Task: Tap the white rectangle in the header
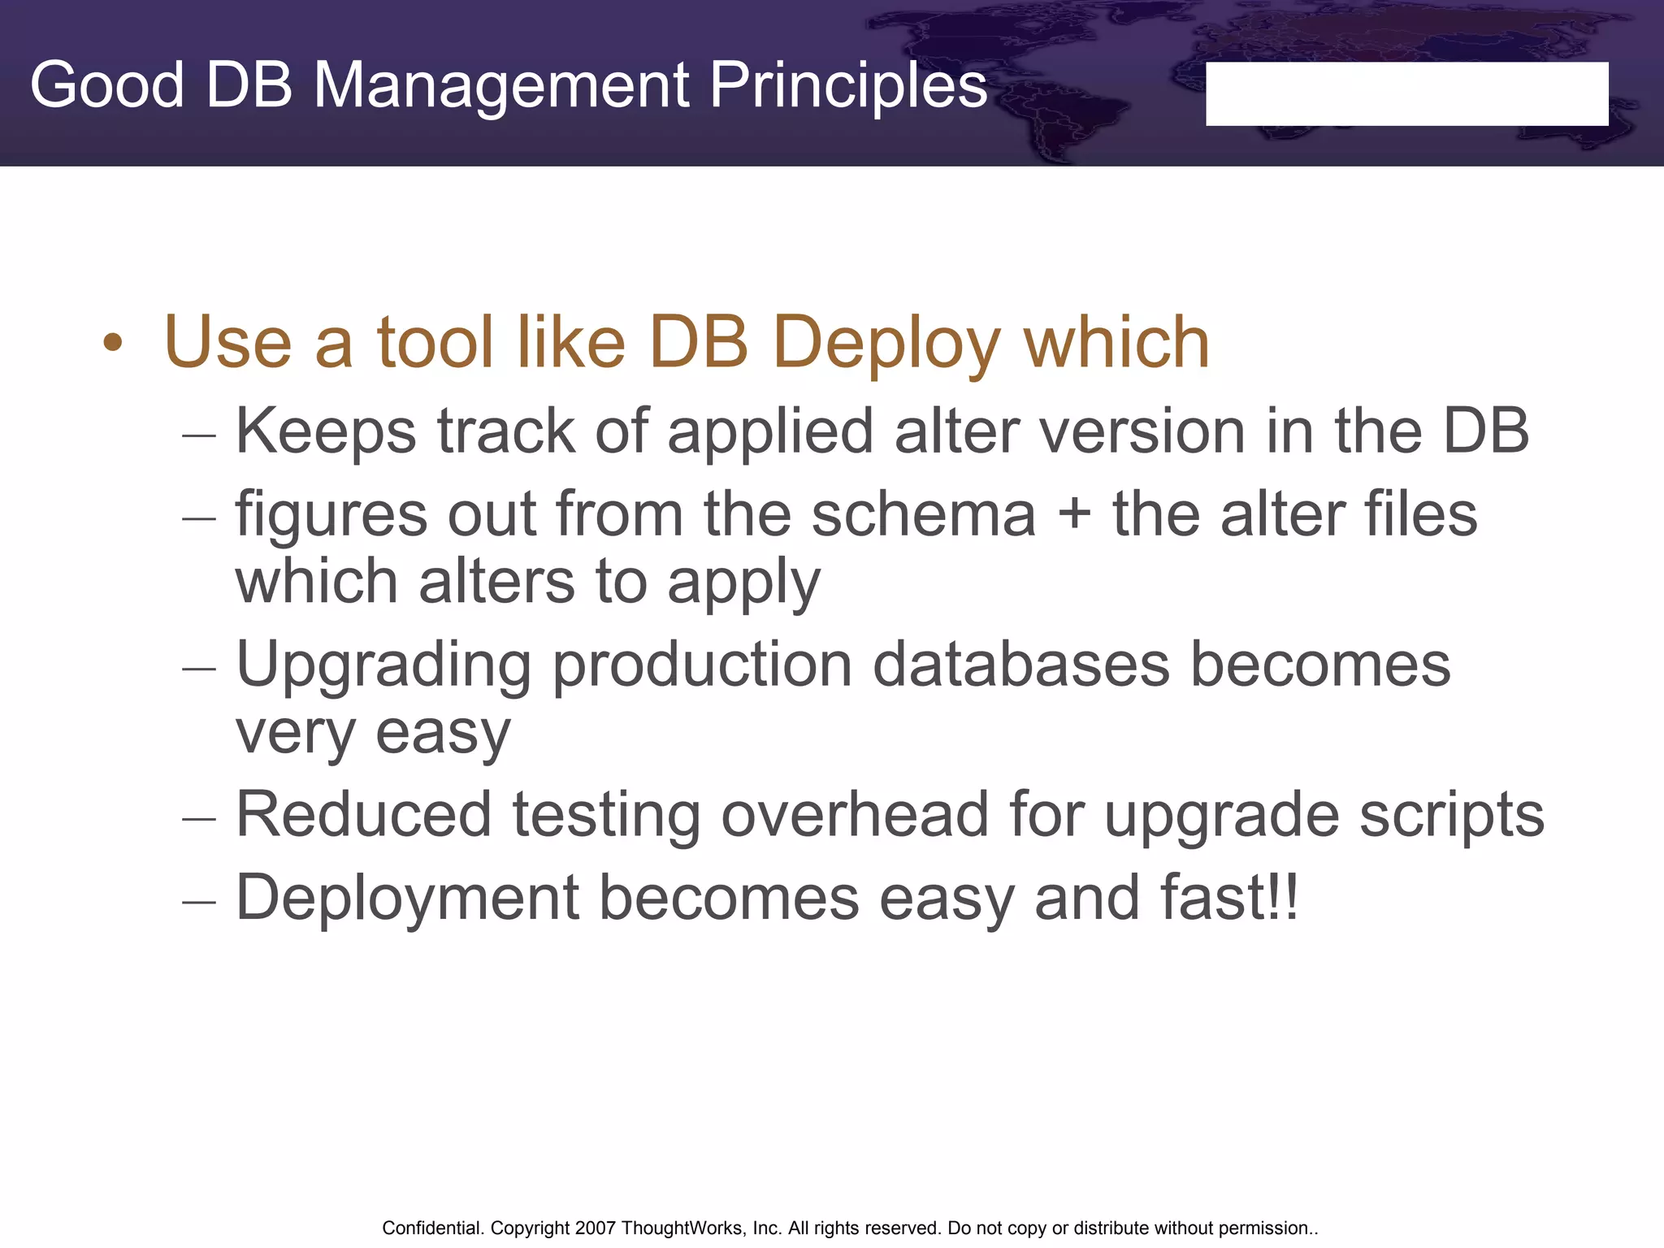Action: coord(1406,93)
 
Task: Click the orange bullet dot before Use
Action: coord(113,343)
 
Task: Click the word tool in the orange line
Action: coord(435,343)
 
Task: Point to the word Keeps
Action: coord(325,431)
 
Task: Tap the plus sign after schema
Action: coord(1074,515)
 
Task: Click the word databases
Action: coord(1021,665)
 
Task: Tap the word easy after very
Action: coord(442,734)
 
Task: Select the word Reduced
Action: coord(363,815)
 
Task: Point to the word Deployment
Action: coord(407,899)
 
